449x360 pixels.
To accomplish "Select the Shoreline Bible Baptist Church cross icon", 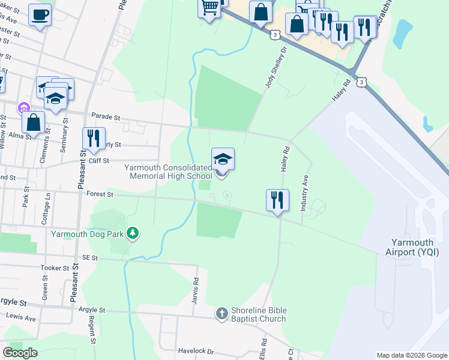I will coord(221,313).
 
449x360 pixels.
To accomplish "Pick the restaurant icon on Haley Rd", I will coord(277,200).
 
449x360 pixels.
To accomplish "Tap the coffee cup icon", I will coord(40,14).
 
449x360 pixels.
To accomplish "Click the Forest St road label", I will coord(99,194).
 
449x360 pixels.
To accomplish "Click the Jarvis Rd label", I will coord(196,289).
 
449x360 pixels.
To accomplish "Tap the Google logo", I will coord(20,353).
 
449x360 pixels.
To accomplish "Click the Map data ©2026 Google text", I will coord(411,355).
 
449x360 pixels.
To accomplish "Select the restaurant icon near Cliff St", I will coord(94,138).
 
